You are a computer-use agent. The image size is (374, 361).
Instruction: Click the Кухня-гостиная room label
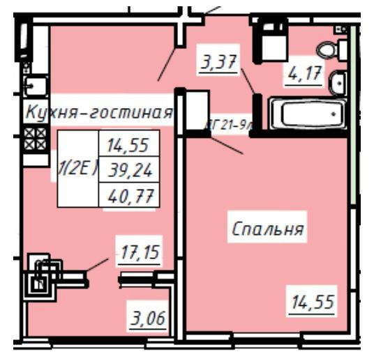tap(98, 112)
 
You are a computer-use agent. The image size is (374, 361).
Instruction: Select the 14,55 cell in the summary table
tap(129, 146)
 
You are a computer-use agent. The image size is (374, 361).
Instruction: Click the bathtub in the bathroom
tap(308, 112)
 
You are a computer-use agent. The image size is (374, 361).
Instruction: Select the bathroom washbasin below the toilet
tap(337, 82)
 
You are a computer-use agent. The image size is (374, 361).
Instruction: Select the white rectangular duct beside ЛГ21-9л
tap(197, 112)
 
